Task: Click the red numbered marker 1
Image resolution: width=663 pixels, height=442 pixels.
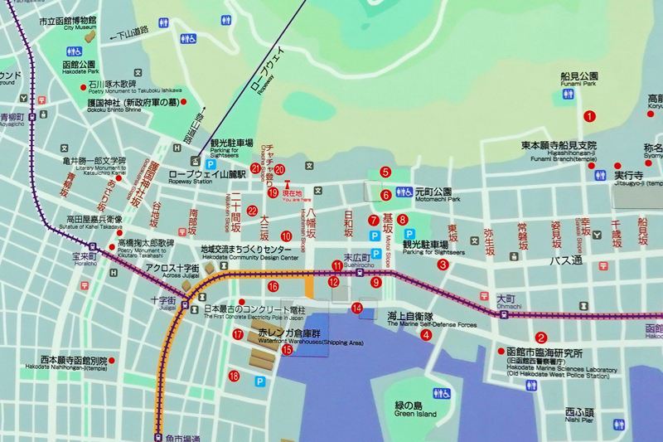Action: coord(589,117)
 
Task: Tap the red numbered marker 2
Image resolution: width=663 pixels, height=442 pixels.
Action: coord(540,338)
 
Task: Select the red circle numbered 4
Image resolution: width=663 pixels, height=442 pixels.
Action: coord(426,335)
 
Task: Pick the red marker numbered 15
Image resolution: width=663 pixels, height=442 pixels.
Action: coord(287,350)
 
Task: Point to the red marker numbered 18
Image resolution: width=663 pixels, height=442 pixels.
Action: coord(235,376)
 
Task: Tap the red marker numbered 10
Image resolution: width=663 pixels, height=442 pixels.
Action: coord(286,236)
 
